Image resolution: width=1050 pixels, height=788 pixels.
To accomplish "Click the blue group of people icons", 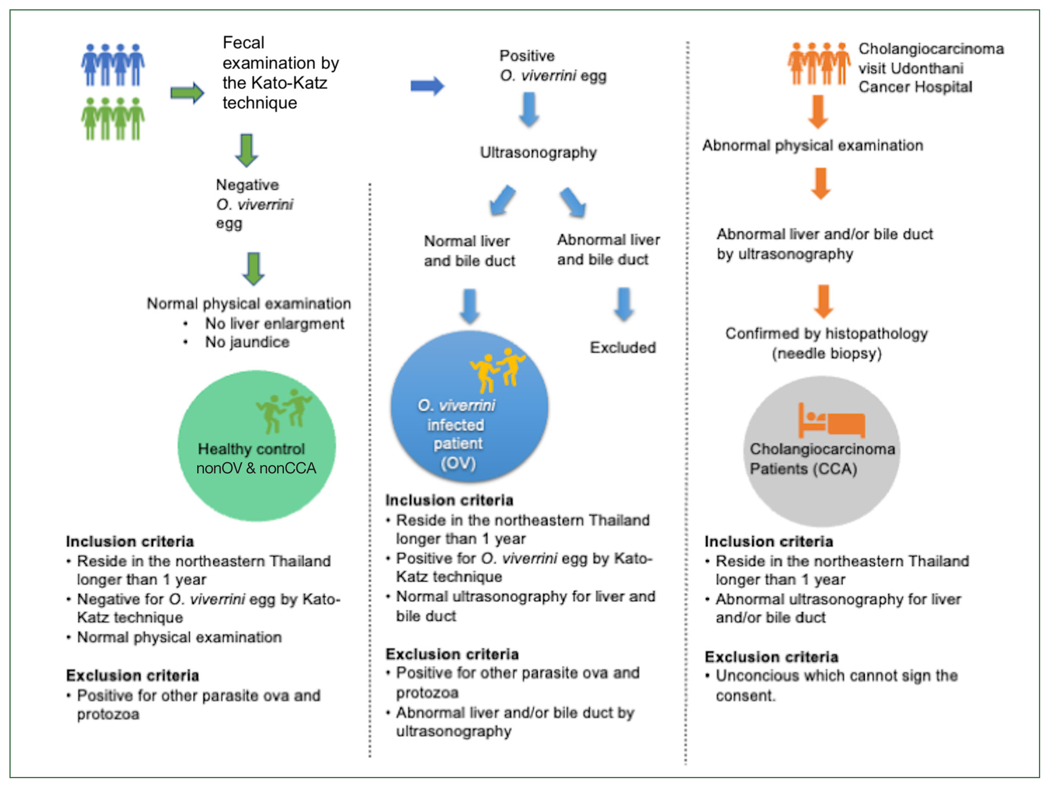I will click(x=113, y=65).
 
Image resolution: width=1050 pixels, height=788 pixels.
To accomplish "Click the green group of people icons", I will click(x=113, y=119).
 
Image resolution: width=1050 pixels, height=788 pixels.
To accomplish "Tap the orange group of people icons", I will click(x=819, y=63).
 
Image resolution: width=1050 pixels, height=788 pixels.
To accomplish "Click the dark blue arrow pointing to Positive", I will click(x=427, y=86).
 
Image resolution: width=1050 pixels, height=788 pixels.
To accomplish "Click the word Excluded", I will click(x=623, y=348).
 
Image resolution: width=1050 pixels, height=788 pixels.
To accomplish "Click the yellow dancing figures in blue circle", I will click(x=498, y=370).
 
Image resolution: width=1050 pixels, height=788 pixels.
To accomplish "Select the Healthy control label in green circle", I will click(x=251, y=449).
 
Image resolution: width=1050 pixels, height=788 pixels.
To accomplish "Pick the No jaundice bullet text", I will click(x=247, y=342).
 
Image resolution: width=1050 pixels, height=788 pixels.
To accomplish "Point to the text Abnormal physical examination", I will click(x=813, y=145).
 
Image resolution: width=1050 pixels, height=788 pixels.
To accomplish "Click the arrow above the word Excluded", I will click(x=624, y=304).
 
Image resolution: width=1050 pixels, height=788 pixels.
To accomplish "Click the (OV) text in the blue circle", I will click(x=458, y=463).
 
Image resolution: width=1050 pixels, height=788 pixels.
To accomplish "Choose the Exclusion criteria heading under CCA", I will click(x=772, y=657).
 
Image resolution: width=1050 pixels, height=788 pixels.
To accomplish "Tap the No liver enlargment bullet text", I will click(x=274, y=324).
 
